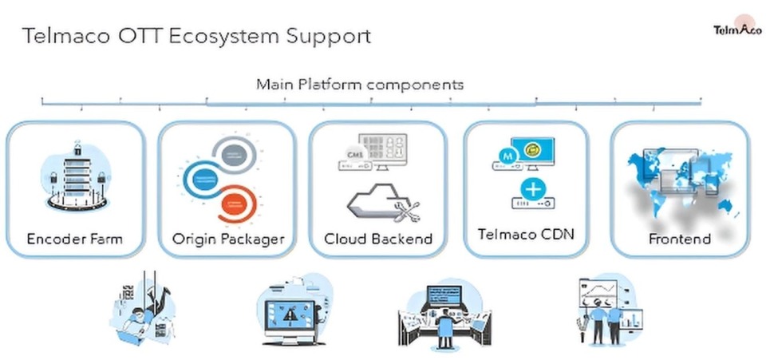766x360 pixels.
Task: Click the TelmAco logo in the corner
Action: click(x=736, y=30)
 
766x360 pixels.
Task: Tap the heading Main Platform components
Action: click(x=360, y=84)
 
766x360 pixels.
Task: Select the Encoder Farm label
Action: click(x=75, y=239)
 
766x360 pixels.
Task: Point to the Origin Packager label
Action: click(x=228, y=239)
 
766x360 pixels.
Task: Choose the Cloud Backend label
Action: click(x=378, y=239)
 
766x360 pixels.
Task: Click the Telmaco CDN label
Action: click(x=526, y=235)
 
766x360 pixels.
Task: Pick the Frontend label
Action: click(x=679, y=239)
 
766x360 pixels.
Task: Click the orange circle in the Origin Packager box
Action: click(x=237, y=204)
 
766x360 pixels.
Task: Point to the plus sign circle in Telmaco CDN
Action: click(x=531, y=190)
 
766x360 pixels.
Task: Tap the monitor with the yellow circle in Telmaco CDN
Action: click(x=535, y=149)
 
